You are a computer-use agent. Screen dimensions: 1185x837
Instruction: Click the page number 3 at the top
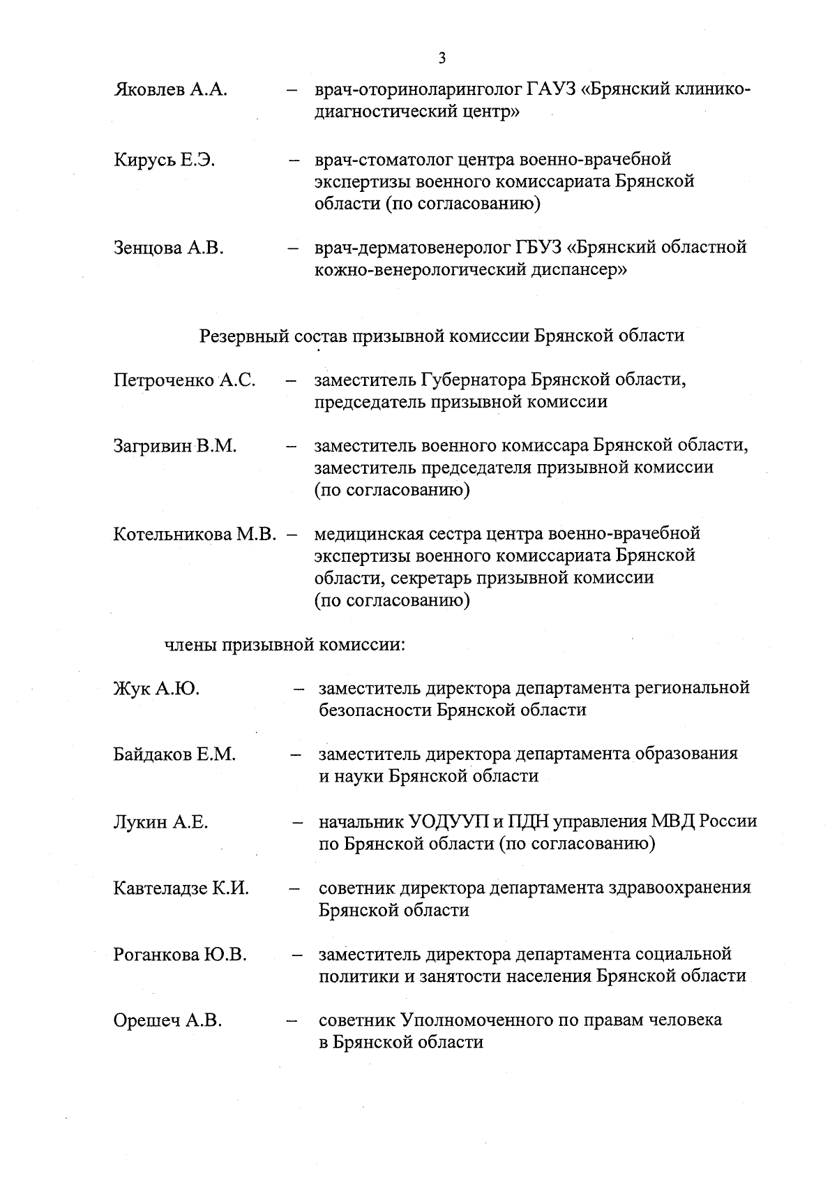442,58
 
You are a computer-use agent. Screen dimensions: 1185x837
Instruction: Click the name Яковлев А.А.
170,91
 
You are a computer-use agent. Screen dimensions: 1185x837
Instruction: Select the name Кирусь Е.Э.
164,160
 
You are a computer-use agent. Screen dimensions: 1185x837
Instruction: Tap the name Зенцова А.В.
168,248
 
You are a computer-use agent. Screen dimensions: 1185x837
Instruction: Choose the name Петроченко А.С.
184,380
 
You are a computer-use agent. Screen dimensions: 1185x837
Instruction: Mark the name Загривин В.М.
175,446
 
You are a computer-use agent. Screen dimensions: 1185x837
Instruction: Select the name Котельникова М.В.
195,535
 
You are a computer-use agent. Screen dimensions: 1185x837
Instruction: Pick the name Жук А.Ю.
156,689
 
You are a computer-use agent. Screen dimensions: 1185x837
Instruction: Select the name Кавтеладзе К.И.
181,888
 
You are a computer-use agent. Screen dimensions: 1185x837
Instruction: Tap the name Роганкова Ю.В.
180,955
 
